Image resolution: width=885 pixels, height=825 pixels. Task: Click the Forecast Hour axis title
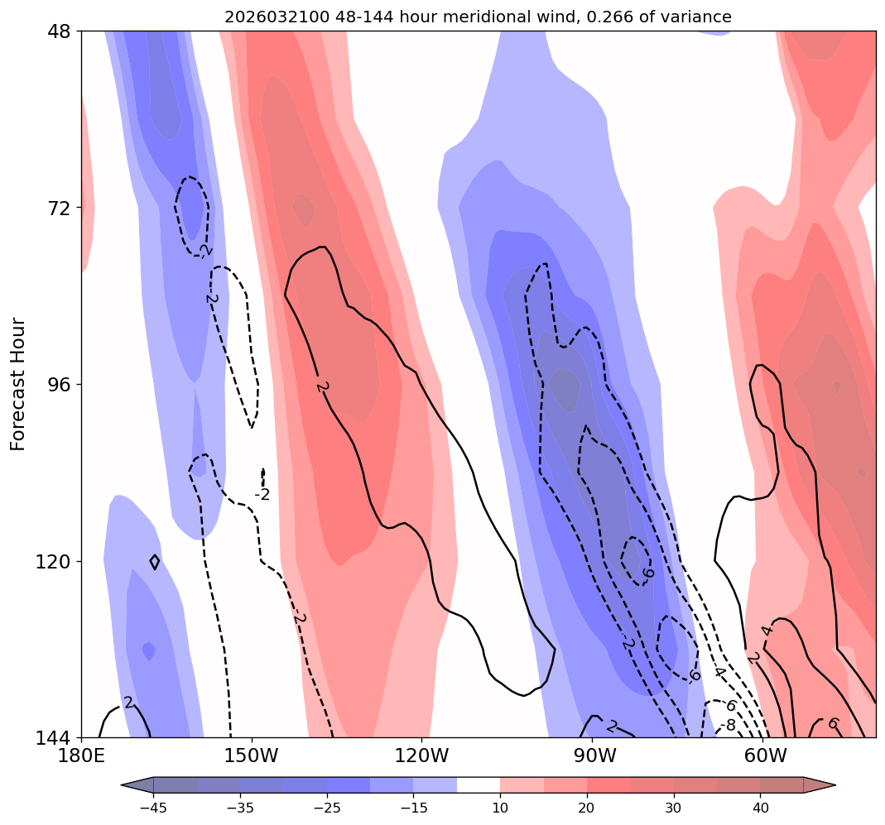coord(18,384)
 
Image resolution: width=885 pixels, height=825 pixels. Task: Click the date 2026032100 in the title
coord(267,17)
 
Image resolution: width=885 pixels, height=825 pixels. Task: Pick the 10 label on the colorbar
coord(500,808)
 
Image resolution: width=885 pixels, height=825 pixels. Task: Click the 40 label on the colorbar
coord(760,808)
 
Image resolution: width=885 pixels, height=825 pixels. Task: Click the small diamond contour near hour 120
coord(155,562)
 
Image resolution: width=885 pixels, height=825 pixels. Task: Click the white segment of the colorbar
coord(479,784)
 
